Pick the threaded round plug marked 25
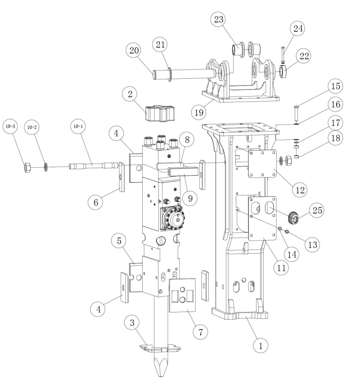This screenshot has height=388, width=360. click(x=294, y=218)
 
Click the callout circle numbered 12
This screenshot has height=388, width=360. click(x=299, y=188)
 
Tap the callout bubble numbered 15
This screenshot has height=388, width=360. click(x=335, y=86)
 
